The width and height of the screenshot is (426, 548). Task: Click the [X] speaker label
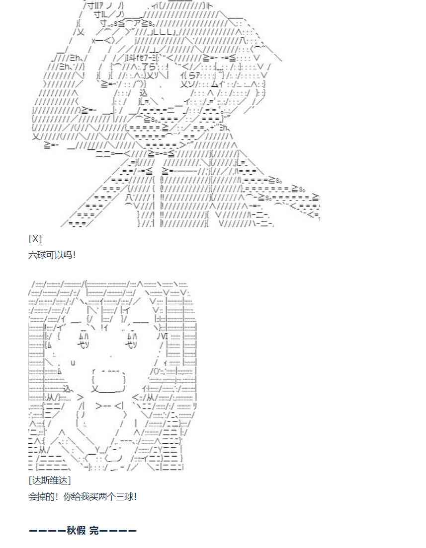[35, 239]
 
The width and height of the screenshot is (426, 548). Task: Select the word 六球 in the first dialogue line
[37, 255]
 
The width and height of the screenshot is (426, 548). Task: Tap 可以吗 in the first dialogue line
[58, 255]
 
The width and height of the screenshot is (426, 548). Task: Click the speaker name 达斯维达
[50, 480]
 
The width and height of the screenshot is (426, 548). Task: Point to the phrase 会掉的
[42, 496]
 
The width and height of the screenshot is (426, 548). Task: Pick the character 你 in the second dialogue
[68, 496]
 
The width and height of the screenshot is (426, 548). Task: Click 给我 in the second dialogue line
[82, 496]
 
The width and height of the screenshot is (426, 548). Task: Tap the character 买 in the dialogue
[95, 496]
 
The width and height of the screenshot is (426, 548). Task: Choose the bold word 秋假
[77, 531]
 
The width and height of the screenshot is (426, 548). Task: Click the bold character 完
[94, 531]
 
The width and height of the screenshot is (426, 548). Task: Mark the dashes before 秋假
[47, 531]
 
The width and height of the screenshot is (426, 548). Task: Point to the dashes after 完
[118, 531]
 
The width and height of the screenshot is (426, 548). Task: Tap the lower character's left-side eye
[82, 341]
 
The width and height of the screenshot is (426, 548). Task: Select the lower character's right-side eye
[130, 341]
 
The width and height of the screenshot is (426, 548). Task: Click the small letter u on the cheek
[73, 362]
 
